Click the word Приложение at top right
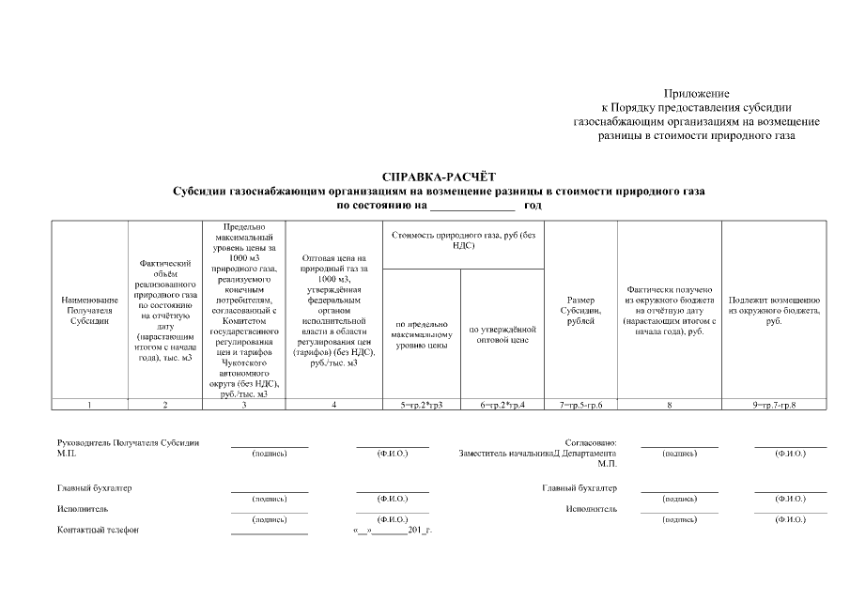coord(696,94)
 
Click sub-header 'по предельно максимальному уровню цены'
coord(422,335)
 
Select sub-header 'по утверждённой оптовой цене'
coord(502,334)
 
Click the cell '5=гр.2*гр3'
coord(422,405)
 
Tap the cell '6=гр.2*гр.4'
coord(502,405)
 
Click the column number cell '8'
coord(669,405)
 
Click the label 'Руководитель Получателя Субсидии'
coord(128,441)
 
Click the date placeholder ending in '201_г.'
coord(392,530)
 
